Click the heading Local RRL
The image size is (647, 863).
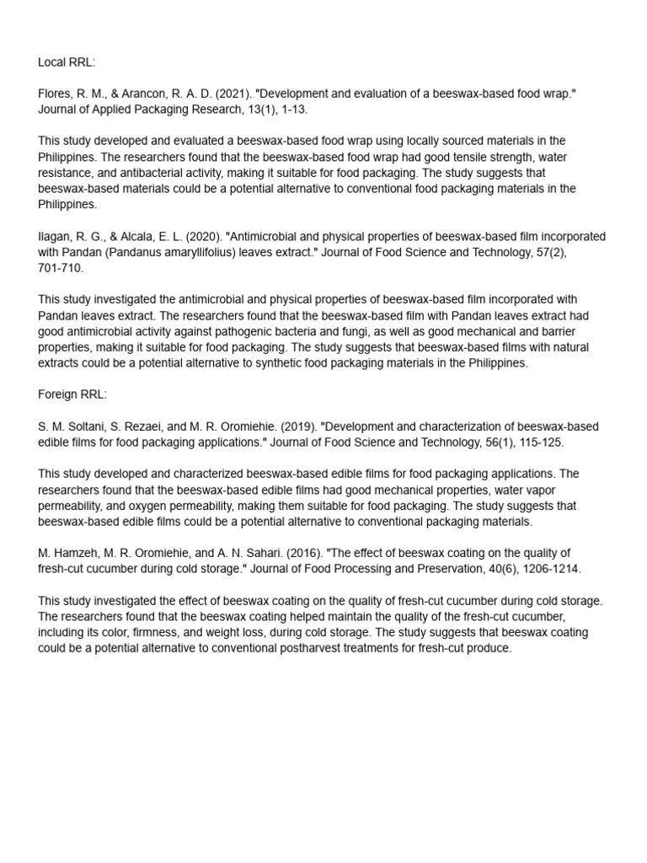(67, 62)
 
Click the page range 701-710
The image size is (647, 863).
(61, 268)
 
